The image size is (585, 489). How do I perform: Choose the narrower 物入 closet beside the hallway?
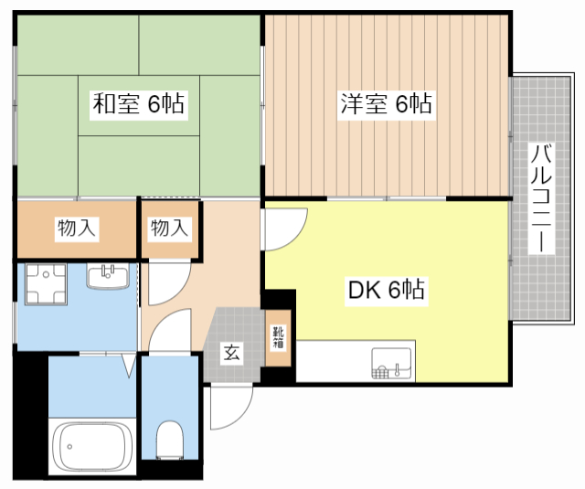(169, 229)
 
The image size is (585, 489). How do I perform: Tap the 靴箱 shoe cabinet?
(278, 340)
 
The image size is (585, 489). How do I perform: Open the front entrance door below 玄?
(230, 405)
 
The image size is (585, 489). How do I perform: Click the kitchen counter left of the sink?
(333, 362)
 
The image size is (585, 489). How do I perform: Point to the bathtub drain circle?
(65, 448)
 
